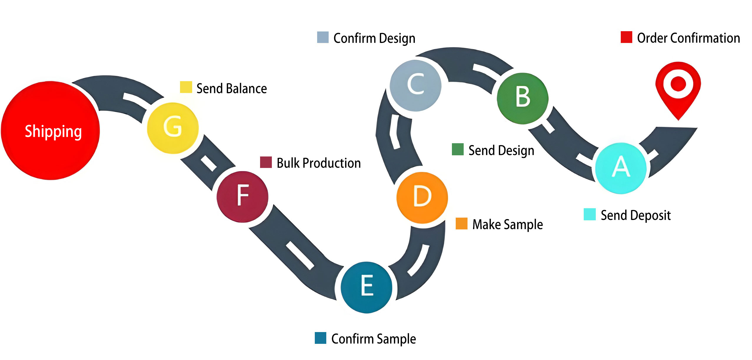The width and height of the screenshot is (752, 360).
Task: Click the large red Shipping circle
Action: point(51,131)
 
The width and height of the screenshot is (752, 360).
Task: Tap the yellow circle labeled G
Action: point(173,128)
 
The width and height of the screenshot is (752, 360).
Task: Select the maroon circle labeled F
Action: point(242,197)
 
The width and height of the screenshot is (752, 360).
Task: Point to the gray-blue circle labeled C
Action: point(415,86)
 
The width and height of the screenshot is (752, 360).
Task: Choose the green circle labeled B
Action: point(523,98)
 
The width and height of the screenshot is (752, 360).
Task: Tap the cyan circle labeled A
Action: point(621,168)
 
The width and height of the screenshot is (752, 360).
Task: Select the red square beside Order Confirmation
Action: point(626,37)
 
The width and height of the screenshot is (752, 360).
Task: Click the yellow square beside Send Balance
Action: point(186,87)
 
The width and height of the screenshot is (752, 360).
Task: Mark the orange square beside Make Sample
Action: point(461,224)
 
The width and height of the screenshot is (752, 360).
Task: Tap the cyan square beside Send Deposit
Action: point(590,214)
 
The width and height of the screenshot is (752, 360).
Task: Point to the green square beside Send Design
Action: point(457,149)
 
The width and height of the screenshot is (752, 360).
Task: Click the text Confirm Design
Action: point(374,39)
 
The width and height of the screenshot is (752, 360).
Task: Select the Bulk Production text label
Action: point(319,163)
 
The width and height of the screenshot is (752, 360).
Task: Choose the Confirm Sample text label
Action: point(374,339)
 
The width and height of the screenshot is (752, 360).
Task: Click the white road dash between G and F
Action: point(209,163)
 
